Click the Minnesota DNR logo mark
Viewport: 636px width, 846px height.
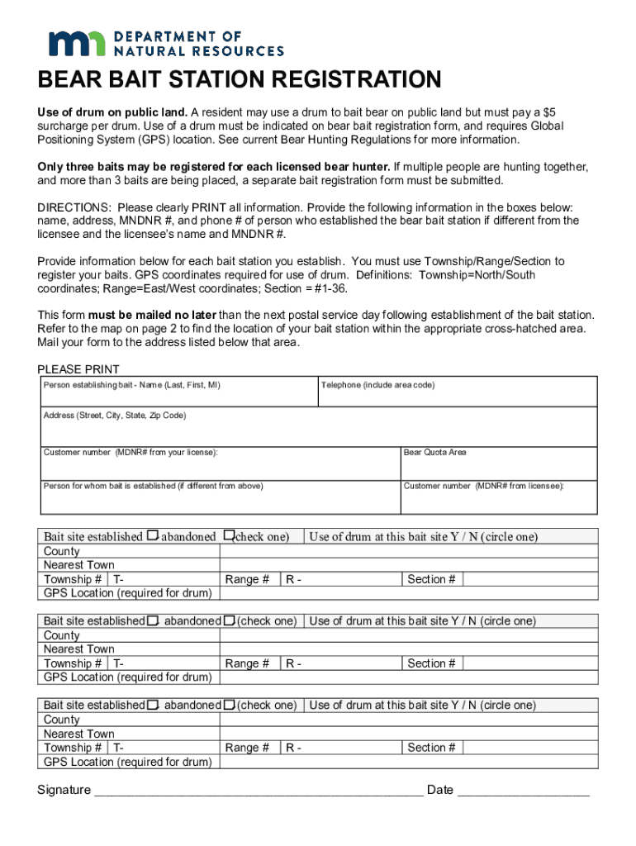pos(77,43)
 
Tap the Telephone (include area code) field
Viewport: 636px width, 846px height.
pos(458,397)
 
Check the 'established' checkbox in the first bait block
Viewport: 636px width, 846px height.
pos(152,536)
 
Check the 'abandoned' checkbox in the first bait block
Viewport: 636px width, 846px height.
pos(229,536)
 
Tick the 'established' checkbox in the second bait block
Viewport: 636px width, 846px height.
pos(153,620)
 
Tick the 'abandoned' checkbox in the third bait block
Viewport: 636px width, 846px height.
pos(230,705)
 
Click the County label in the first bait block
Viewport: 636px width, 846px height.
pos(62,551)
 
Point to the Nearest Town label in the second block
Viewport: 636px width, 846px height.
pos(79,649)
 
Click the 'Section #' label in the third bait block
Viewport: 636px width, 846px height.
pos(431,748)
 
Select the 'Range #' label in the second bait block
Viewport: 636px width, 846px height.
pos(247,663)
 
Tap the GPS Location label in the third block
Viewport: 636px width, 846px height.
pos(127,762)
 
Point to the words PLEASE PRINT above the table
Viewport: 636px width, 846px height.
pos(78,369)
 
